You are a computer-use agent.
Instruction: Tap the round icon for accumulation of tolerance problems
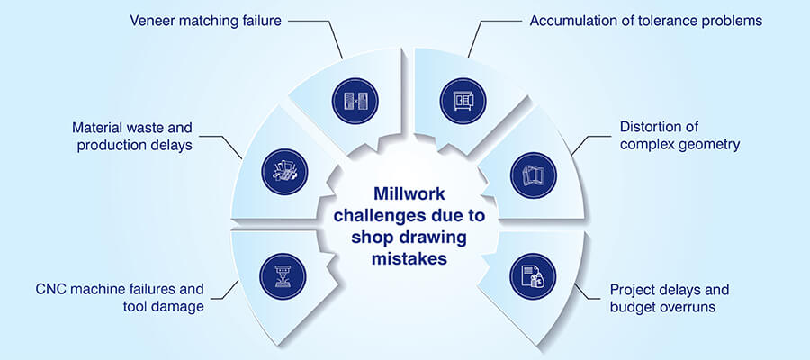click(x=457, y=100)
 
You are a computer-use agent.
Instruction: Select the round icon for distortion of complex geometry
click(x=527, y=174)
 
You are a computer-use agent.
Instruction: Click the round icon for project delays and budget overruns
click(x=527, y=273)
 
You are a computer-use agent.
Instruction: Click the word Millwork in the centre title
click(x=404, y=193)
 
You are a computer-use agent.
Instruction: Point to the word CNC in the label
click(x=53, y=291)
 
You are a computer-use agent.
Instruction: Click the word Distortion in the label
click(x=652, y=127)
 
